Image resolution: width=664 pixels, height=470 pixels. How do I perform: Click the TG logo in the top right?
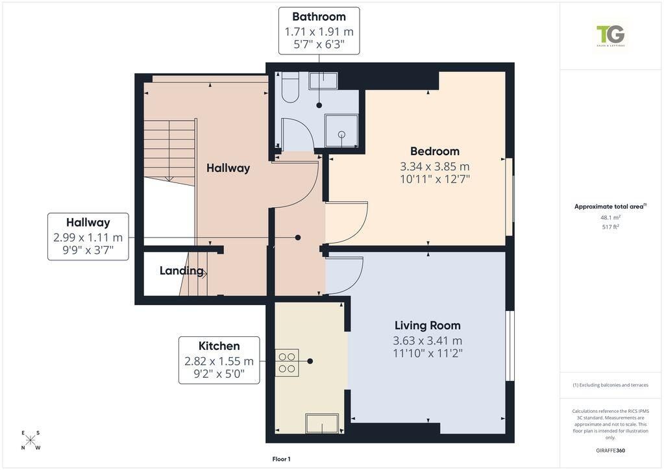(x=610, y=36)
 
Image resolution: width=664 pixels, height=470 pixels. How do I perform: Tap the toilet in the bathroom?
(x=290, y=88)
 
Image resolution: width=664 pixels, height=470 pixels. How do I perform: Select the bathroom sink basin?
(x=323, y=80)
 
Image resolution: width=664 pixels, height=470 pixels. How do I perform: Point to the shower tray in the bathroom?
(x=341, y=131)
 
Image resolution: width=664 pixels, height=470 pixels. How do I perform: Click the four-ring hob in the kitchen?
(x=287, y=362)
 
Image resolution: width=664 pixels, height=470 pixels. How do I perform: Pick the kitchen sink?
(x=322, y=424)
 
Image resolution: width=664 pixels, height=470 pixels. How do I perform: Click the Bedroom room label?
(x=435, y=151)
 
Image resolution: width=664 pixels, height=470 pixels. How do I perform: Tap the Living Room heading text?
(x=428, y=325)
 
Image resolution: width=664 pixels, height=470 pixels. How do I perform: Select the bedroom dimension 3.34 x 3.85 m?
(x=435, y=166)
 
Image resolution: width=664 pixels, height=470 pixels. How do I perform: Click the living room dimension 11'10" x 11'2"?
(x=428, y=353)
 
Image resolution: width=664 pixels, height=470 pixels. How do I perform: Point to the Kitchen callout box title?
(x=219, y=346)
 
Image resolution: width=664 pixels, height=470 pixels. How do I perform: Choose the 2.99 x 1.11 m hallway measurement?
(x=88, y=238)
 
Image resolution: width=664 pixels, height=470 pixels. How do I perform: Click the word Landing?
(x=181, y=271)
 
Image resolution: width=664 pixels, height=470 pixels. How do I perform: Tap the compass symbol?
(x=31, y=440)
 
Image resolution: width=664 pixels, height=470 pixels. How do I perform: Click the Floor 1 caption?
(x=281, y=459)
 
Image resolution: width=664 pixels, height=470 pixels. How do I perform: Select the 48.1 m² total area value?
(x=610, y=217)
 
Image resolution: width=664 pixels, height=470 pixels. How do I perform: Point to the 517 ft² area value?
(x=610, y=227)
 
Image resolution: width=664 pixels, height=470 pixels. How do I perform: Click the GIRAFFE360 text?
(x=610, y=451)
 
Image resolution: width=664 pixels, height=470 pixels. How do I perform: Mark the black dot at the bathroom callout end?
(x=319, y=105)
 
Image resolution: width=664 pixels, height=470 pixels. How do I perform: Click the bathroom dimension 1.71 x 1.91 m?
(x=319, y=32)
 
